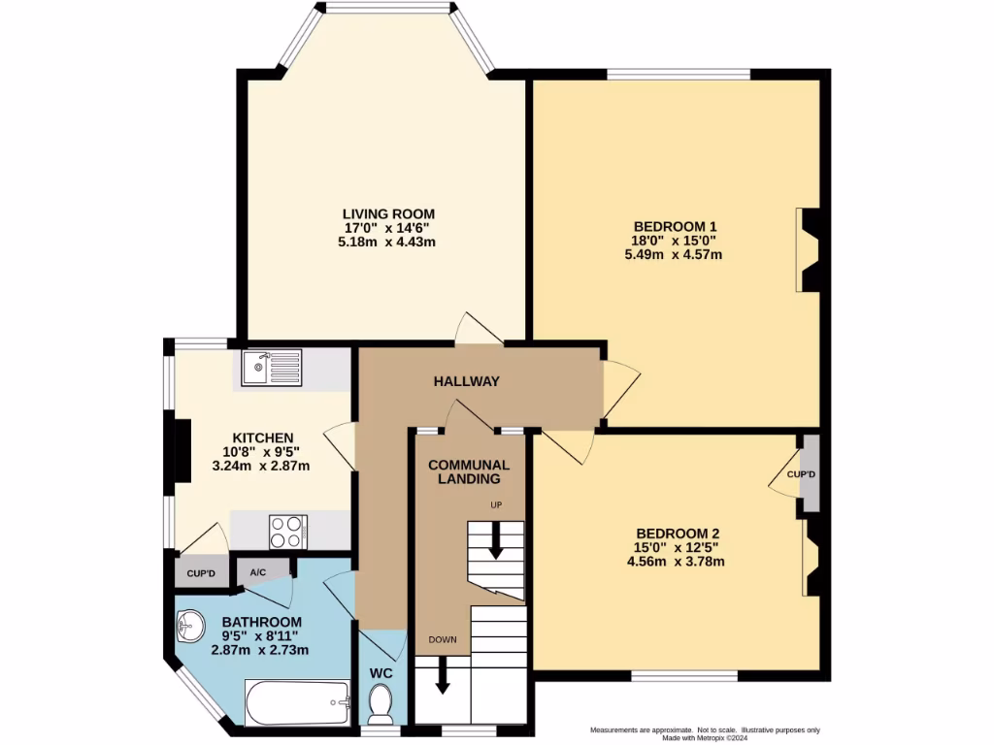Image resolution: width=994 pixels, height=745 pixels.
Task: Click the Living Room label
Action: point(387,214)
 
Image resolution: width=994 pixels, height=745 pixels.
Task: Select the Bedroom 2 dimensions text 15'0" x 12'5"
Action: point(679,547)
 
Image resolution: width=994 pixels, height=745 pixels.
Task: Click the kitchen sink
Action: point(273,368)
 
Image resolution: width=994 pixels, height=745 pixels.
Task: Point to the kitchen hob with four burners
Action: point(287,532)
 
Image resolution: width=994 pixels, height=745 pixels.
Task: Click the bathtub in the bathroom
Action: point(297,702)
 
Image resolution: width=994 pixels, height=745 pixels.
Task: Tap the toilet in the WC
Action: point(381,702)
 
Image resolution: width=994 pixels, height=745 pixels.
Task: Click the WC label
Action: point(380,672)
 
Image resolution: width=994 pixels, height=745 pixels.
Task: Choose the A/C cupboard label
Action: point(258,572)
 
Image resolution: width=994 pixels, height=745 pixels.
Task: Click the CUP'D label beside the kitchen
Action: point(201,573)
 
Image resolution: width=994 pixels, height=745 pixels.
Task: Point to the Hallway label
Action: point(466,381)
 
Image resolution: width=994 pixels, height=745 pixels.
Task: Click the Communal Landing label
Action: point(469,471)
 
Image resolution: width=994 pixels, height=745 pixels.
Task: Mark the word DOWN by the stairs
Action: point(443,639)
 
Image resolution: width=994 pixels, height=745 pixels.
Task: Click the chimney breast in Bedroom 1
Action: point(811,249)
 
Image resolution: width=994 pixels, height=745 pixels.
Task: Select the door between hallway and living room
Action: point(480,330)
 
